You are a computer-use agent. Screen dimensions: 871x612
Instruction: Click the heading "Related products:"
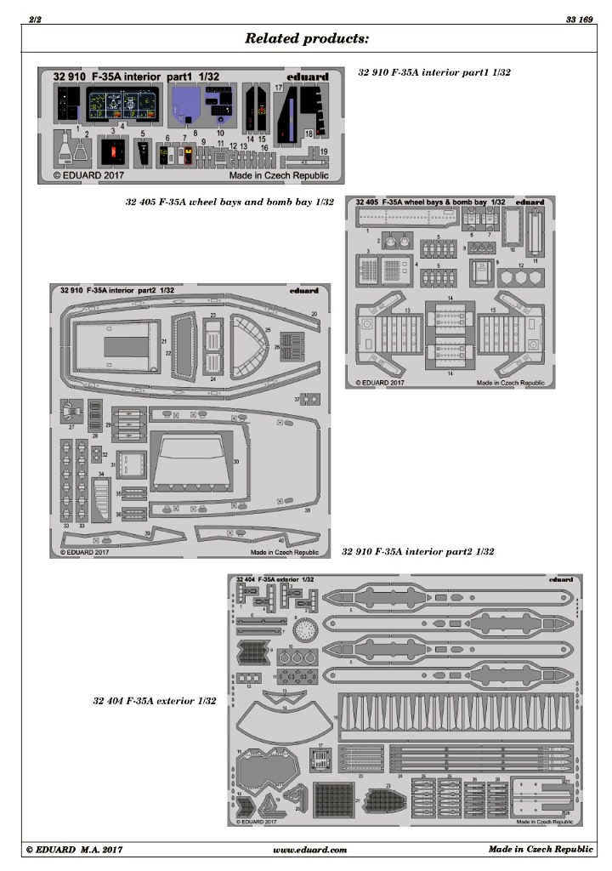[x=306, y=38]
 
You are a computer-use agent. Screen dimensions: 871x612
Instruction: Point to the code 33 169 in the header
[x=578, y=19]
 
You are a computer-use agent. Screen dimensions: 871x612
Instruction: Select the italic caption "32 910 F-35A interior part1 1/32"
[x=435, y=73]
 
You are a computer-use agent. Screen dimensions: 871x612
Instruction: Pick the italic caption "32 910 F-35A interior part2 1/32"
[x=417, y=552]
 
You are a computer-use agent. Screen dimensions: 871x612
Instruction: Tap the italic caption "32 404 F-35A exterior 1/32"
[x=154, y=702]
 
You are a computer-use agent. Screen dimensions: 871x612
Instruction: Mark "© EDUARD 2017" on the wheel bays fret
[x=378, y=383]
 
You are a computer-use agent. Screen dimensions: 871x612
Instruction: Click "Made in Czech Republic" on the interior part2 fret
[x=284, y=551]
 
